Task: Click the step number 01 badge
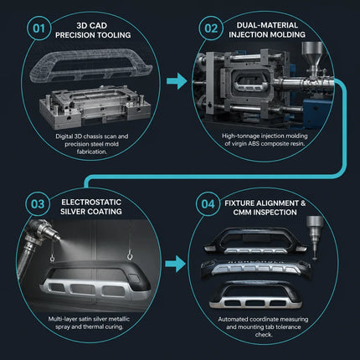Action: pos(39,28)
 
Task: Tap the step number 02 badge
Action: pos(211,28)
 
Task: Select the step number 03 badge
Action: pos(38,204)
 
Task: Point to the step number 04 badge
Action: pos(208,204)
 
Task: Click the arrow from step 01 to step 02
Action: pos(177,81)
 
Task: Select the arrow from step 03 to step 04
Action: pos(175,264)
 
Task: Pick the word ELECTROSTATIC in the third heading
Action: pos(91,202)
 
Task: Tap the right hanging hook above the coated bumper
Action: pos(130,256)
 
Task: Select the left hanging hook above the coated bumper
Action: pos(52,258)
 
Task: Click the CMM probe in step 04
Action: pos(315,238)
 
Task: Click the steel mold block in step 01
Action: pos(95,106)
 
